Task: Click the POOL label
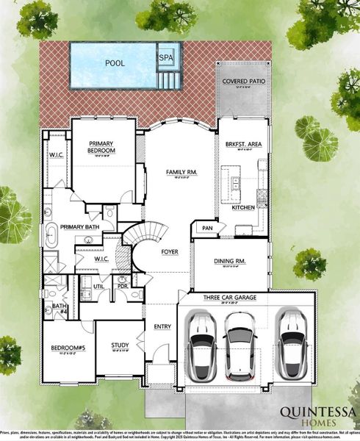coord(114,63)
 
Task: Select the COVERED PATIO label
coord(242,83)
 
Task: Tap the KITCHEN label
coord(244,208)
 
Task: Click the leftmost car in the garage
coord(200,345)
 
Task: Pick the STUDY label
coord(120,345)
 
